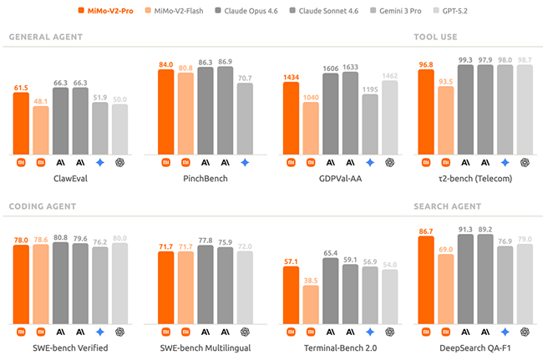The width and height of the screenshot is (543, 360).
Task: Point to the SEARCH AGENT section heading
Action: tap(448, 205)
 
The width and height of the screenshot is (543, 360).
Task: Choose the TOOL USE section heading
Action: tap(435, 37)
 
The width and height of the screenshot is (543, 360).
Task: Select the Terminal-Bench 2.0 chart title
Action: tap(341, 346)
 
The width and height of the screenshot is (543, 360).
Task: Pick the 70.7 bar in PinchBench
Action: tap(245, 119)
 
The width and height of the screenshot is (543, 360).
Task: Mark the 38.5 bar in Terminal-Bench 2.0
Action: tap(312, 305)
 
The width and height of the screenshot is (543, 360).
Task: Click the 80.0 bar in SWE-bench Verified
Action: tap(120, 283)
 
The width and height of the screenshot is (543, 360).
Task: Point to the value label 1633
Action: tap(351, 67)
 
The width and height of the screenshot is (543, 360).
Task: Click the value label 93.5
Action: tap(445, 82)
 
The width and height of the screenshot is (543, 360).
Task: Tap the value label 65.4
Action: tap(331, 252)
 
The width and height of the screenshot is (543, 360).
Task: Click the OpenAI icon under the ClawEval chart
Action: tap(120, 163)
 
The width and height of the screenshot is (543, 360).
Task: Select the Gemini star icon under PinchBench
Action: tap(245, 163)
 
